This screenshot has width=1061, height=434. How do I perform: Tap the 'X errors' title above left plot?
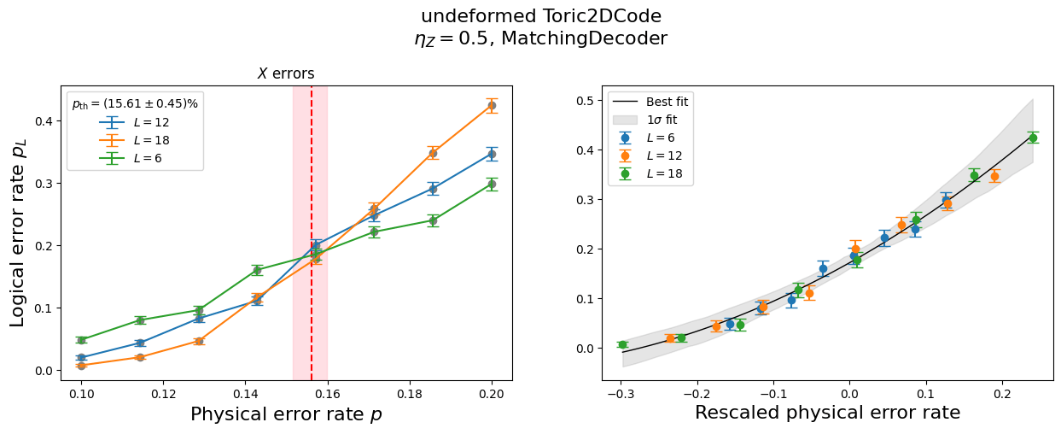pyautogui.click(x=286, y=74)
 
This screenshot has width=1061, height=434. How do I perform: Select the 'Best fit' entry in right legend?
pyautogui.click(x=667, y=102)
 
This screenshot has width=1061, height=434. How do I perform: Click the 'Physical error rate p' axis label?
pyautogui.click(x=286, y=414)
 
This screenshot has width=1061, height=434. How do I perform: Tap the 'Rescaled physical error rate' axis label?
pyautogui.click(x=827, y=413)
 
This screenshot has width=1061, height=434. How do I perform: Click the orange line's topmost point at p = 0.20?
pyautogui.click(x=492, y=105)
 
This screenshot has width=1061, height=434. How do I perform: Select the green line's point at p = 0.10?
pyautogui.click(x=81, y=340)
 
